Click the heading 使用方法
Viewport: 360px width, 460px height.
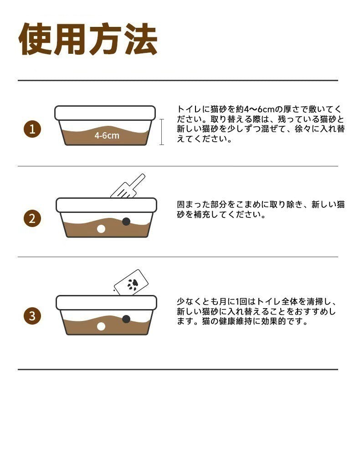tap(88, 40)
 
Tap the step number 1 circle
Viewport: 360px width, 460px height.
tap(32, 129)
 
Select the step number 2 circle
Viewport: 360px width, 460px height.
tap(32, 219)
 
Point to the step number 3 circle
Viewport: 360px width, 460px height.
tap(32, 316)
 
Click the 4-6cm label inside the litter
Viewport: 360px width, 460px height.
tap(107, 135)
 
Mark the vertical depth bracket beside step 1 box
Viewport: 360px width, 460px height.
tap(161, 132)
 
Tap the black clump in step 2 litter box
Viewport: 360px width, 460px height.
tap(126, 222)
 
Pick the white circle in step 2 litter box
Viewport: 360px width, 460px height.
tap(101, 229)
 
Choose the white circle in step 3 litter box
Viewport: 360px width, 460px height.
tap(101, 326)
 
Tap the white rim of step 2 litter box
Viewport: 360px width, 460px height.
tap(106, 205)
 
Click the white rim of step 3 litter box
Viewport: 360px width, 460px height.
tap(106, 302)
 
